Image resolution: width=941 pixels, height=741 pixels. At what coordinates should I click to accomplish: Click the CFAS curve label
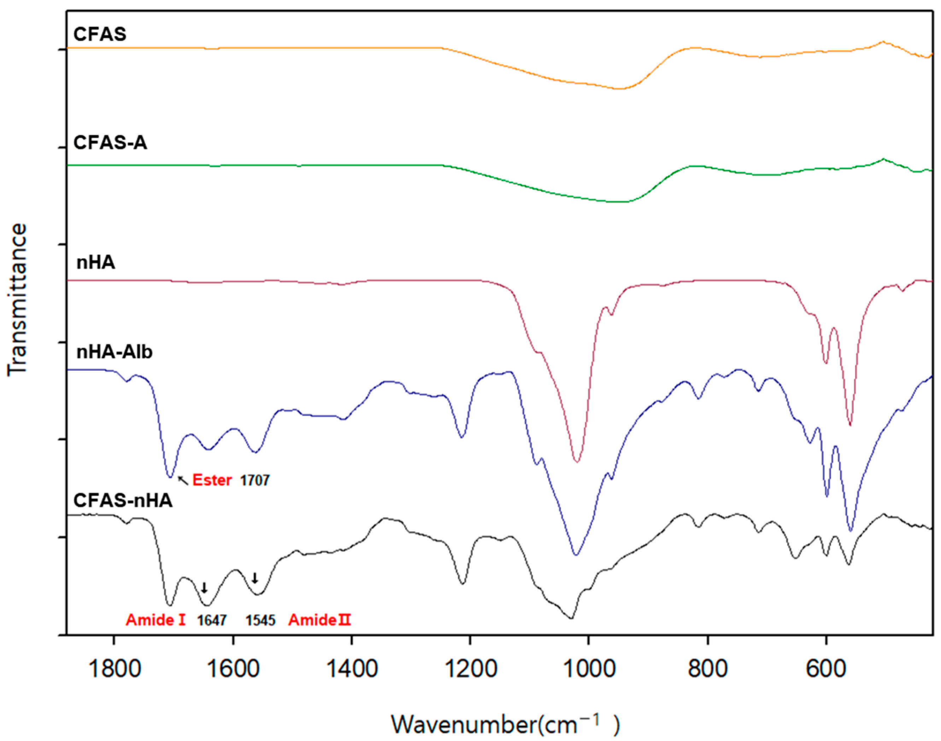(100, 34)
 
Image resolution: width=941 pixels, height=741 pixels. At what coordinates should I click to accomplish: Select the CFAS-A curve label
(110, 143)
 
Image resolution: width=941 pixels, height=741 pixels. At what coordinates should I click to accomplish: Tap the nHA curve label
(96, 262)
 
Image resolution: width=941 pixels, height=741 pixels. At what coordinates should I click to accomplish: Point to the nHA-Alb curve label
(115, 352)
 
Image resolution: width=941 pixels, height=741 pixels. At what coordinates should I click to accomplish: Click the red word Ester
(212, 480)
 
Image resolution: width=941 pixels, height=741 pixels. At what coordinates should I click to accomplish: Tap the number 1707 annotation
(255, 480)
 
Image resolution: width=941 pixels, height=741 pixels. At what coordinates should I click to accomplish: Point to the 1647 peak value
(212, 620)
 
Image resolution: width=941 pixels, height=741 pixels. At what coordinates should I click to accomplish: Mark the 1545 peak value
(261, 620)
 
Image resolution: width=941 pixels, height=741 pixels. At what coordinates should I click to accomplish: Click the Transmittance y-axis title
(17, 299)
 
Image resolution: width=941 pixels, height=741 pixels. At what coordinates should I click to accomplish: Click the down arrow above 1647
(204, 588)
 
